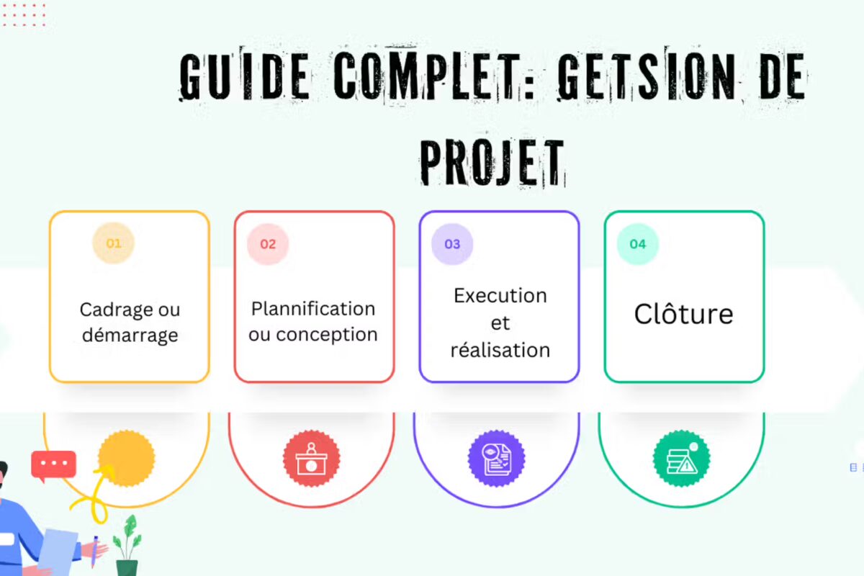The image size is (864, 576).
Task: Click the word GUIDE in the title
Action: (x=245, y=76)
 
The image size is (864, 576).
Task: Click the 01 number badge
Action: (x=114, y=243)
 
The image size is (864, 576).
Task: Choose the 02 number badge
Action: (x=268, y=244)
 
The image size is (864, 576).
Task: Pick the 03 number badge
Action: (x=452, y=244)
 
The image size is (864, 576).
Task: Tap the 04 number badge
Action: (x=638, y=244)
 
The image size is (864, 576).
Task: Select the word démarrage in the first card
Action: (x=130, y=336)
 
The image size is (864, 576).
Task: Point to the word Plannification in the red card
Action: (x=313, y=309)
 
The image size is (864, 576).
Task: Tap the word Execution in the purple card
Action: (x=500, y=296)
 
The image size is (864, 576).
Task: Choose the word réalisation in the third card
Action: (x=500, y=351)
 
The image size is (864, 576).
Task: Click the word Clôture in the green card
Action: (x=683, y=315)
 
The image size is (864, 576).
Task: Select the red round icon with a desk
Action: (x=312, y=458)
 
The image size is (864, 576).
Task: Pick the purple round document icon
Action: (x=497, y=458)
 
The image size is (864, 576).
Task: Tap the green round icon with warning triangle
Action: (x=681, y=458)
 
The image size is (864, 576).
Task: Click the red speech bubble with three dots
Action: (x=53, y=464)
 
